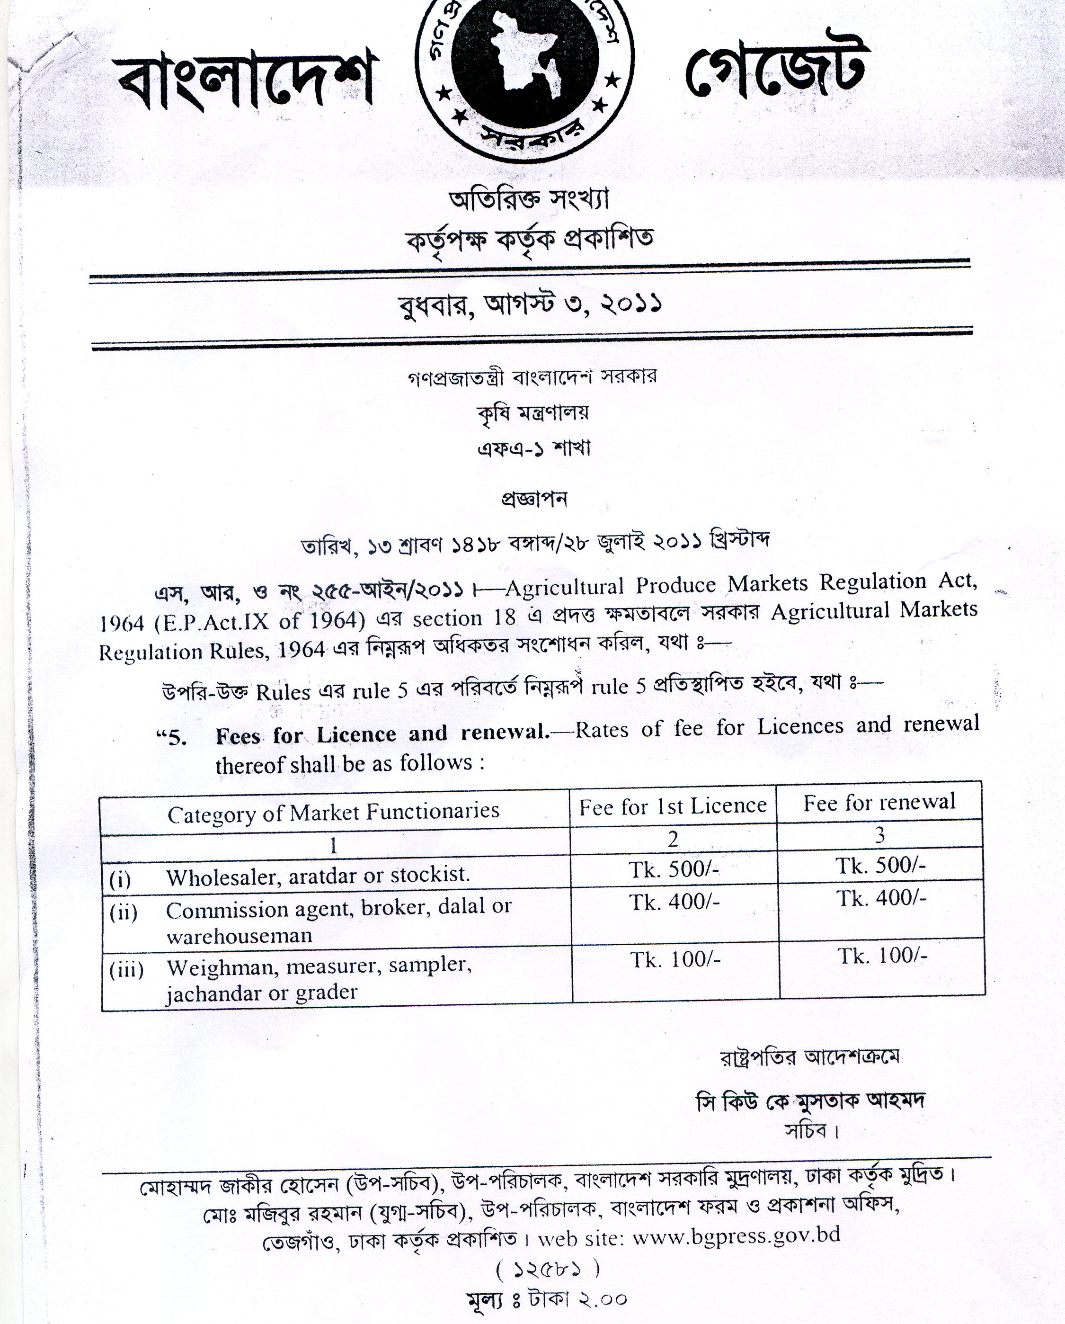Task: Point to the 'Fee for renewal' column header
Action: (879, 802)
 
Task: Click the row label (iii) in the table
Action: (126, 970)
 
